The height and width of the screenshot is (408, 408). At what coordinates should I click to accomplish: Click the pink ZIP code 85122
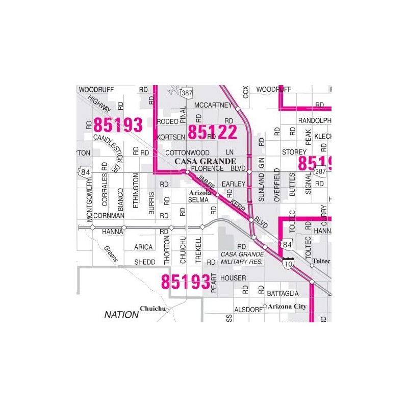click(212, 132)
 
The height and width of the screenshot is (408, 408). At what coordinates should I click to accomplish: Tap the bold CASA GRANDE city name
click(206, 161)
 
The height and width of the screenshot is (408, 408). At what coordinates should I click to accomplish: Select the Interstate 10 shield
click(289, 263)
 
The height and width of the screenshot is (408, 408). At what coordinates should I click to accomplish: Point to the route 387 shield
click(187, 92)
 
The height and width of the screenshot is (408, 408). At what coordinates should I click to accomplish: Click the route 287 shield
click(320, 172)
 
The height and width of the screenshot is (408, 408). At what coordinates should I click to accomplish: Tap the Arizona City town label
click(288, 306)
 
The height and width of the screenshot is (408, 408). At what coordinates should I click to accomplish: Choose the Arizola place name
click(199, 193)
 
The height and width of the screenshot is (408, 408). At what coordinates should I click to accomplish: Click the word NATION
click(121, 315)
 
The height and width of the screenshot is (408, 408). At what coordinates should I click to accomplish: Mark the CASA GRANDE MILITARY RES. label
click(242, 258)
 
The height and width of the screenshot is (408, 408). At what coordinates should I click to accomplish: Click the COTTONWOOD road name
click(188, 152)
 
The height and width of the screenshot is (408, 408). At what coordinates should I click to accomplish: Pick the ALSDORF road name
click(248, 309)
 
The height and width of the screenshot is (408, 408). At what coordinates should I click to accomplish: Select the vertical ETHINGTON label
click(136, 190)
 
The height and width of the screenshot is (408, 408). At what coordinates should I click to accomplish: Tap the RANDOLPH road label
click(315, 120)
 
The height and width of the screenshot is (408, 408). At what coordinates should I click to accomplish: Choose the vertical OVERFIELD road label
click(277, 185)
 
